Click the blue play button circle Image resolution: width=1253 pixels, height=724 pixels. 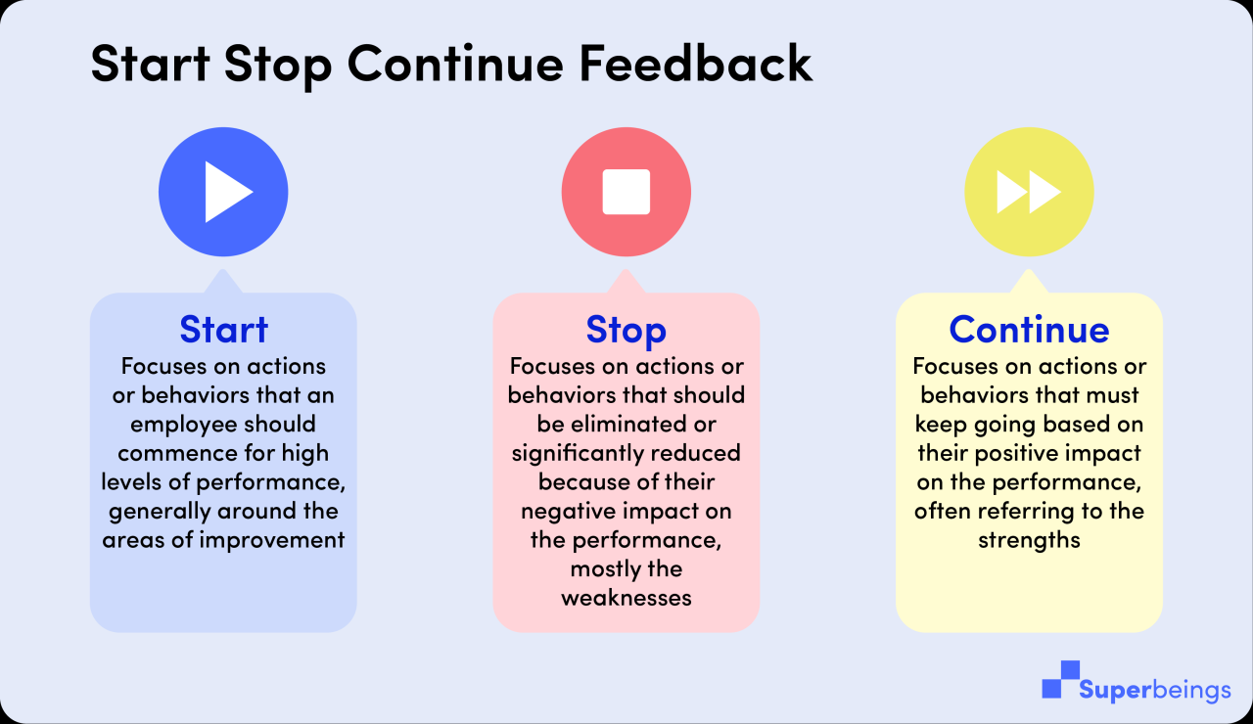point(223,192)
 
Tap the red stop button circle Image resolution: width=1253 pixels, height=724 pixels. point(626,192)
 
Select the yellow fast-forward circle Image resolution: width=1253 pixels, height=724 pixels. point(1029,192)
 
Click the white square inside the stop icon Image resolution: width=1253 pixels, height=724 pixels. point(626,192)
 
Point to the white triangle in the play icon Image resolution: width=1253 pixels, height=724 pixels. point(228,192)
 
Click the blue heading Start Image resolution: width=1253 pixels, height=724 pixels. point(223,330)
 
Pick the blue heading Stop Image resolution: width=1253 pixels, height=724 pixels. point(626,330)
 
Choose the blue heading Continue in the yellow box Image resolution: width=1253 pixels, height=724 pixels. point(1029,330)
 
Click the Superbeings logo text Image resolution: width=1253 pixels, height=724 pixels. point(1155,690)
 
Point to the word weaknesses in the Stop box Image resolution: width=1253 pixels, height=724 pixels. point(626,598)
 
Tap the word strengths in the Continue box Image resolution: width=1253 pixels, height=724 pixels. point(1029,540)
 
